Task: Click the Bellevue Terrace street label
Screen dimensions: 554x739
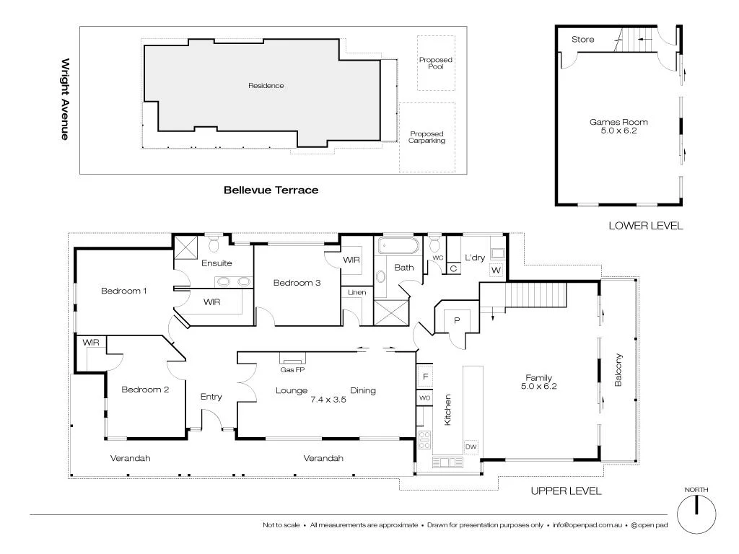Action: [271, 190]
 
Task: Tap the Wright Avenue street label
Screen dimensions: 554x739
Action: [65, 99]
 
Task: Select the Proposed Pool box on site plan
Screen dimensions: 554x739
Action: [436, 63]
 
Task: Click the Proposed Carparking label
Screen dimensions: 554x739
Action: [427, 137]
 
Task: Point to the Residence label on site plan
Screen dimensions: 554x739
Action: [266, 86]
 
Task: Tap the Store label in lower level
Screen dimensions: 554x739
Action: [583, 39]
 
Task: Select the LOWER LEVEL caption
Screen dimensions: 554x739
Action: [645, 226]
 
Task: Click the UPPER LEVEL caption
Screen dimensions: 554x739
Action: [566, 491]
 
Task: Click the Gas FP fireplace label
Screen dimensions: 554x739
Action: [292, 369]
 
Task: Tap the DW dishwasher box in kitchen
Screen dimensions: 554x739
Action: [471, 447]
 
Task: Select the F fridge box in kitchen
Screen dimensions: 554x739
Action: [425, 377]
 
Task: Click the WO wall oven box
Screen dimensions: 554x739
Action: [425, 397]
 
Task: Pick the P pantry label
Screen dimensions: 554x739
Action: [456, 320]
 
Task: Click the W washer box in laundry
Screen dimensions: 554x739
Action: [496, 271]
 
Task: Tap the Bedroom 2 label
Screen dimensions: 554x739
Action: [145, 390]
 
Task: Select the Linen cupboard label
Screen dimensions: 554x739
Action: [357, 292]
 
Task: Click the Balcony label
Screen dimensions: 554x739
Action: [618, 370]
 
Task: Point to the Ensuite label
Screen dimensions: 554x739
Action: [217, 263]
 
